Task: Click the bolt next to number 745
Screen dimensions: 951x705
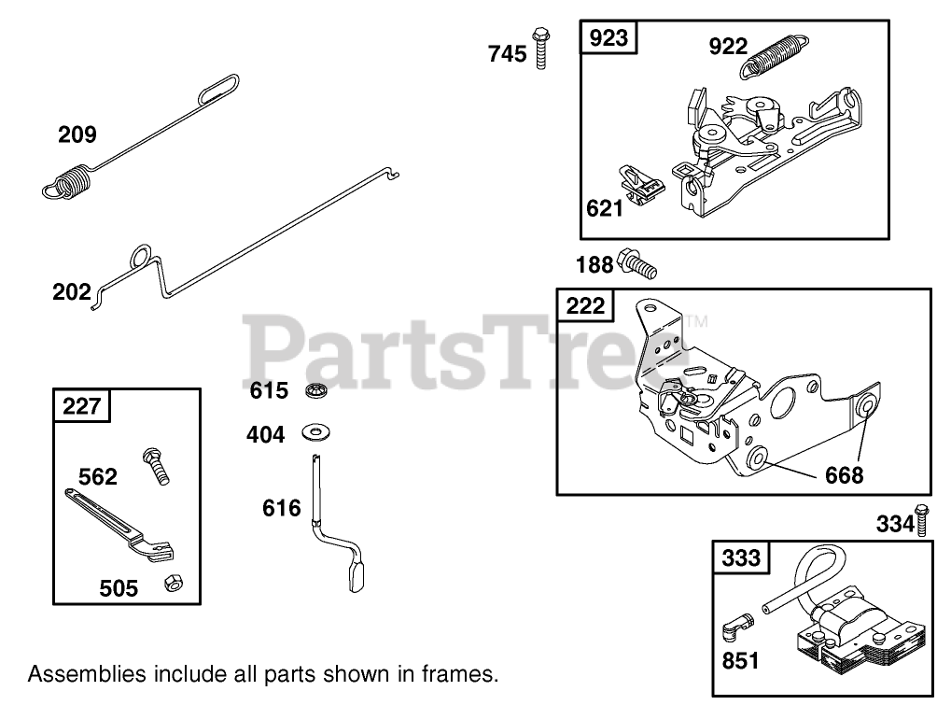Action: tap(540, 48)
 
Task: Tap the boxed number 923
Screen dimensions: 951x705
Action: tap(608, 38)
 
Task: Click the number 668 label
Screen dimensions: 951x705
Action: tap(844, 475)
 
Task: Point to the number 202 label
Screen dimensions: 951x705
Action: tap(71, 291)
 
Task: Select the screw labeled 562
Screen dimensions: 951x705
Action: tap(156, 465)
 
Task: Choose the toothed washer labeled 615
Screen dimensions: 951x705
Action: tap(315, 390)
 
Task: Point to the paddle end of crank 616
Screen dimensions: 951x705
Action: tap(357, 576)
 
